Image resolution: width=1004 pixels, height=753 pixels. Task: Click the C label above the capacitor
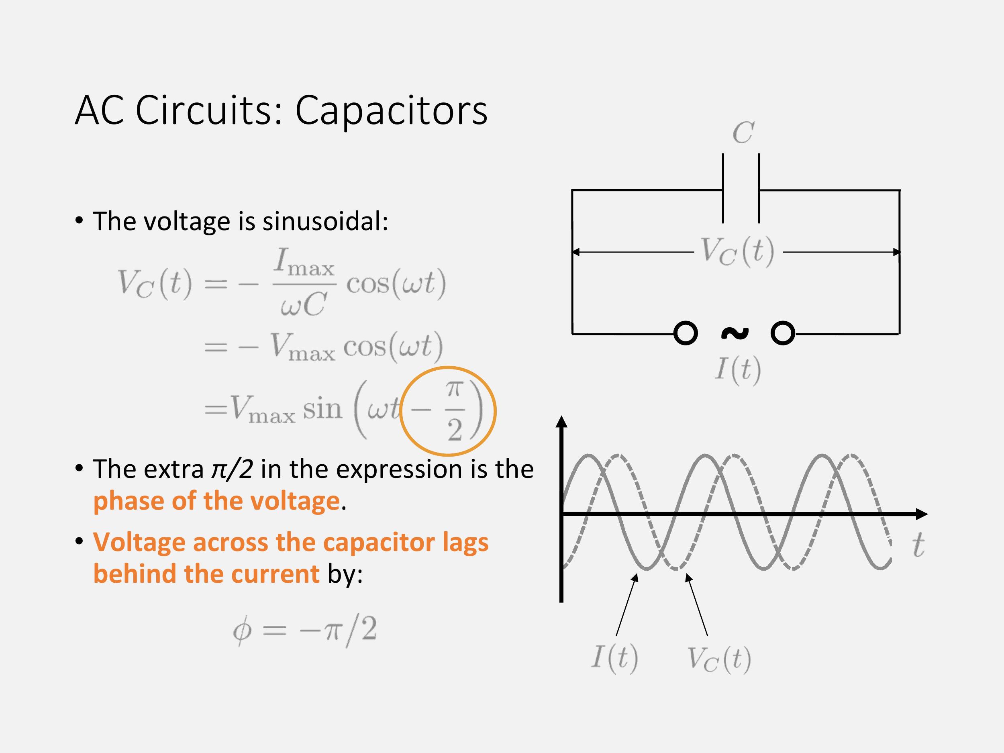[x=743, y=133]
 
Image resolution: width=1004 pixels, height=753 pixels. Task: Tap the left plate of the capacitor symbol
[x=723, y=188]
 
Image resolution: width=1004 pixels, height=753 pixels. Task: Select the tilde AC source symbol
[x=735, y=334]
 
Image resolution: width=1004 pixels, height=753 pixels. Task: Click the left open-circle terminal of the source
[x=686, y=334]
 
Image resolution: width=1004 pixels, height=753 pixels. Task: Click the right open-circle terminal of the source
[x=782, y=334]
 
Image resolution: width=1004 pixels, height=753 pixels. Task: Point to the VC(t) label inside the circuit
[x=737, y=251]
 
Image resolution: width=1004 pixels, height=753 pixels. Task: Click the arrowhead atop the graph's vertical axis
[x=562, y=422]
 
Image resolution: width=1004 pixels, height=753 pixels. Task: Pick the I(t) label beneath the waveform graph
[x=614, y=657]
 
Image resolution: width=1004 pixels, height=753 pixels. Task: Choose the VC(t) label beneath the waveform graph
[x=718, y=659]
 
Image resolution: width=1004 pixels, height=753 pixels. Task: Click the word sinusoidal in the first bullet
[x=325, y=222]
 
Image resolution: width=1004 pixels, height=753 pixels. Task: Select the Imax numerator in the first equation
[x=304, y=263]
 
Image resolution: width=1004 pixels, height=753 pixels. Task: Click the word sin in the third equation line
[x=322, y=409]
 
